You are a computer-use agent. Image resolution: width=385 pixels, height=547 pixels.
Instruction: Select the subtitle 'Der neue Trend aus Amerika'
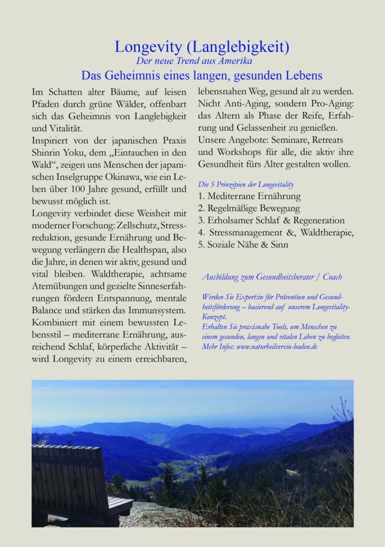tap(194, 61)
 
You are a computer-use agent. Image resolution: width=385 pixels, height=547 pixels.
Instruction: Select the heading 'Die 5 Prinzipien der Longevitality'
tap(246, 184)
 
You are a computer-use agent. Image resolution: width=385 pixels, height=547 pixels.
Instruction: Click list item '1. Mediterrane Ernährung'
tap(249, 196)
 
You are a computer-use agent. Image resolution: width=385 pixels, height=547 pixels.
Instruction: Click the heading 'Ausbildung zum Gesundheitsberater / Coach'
tap(272, 277)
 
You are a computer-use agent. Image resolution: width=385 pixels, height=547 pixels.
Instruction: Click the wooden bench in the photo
tap(75, 481)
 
